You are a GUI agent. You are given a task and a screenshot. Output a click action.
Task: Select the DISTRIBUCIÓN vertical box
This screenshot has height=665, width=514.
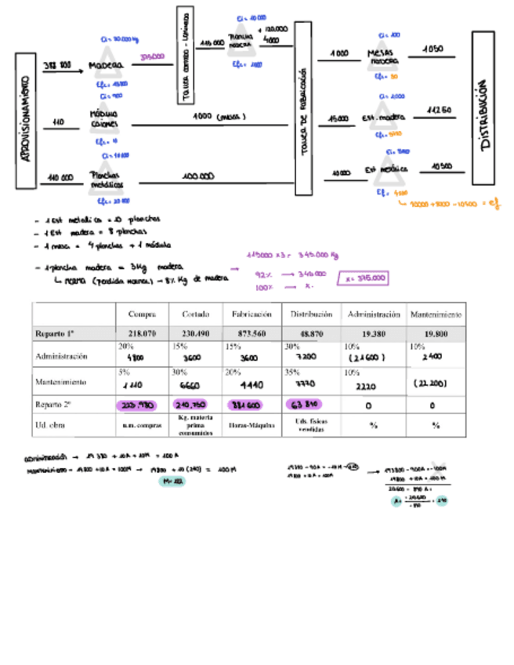click(483, 114)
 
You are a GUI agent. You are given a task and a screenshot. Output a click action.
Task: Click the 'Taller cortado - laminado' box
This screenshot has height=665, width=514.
click(186, 54)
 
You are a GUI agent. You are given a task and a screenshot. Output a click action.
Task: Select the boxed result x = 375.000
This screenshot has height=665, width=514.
click(362, 277)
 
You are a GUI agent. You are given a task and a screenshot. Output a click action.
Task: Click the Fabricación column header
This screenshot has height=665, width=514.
click(251, 314)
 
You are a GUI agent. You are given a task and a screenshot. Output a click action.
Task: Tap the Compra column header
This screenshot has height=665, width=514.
click(142, 314)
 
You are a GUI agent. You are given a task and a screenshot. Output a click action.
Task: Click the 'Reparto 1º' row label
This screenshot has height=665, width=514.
click(54, 333)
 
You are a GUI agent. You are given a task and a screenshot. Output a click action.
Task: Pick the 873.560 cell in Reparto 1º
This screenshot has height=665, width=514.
click(251, 333)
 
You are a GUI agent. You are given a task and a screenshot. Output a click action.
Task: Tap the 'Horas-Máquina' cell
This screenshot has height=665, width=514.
click(251, 426)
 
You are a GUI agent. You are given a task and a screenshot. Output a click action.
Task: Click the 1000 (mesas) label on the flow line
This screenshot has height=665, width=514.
click(219, 117)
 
